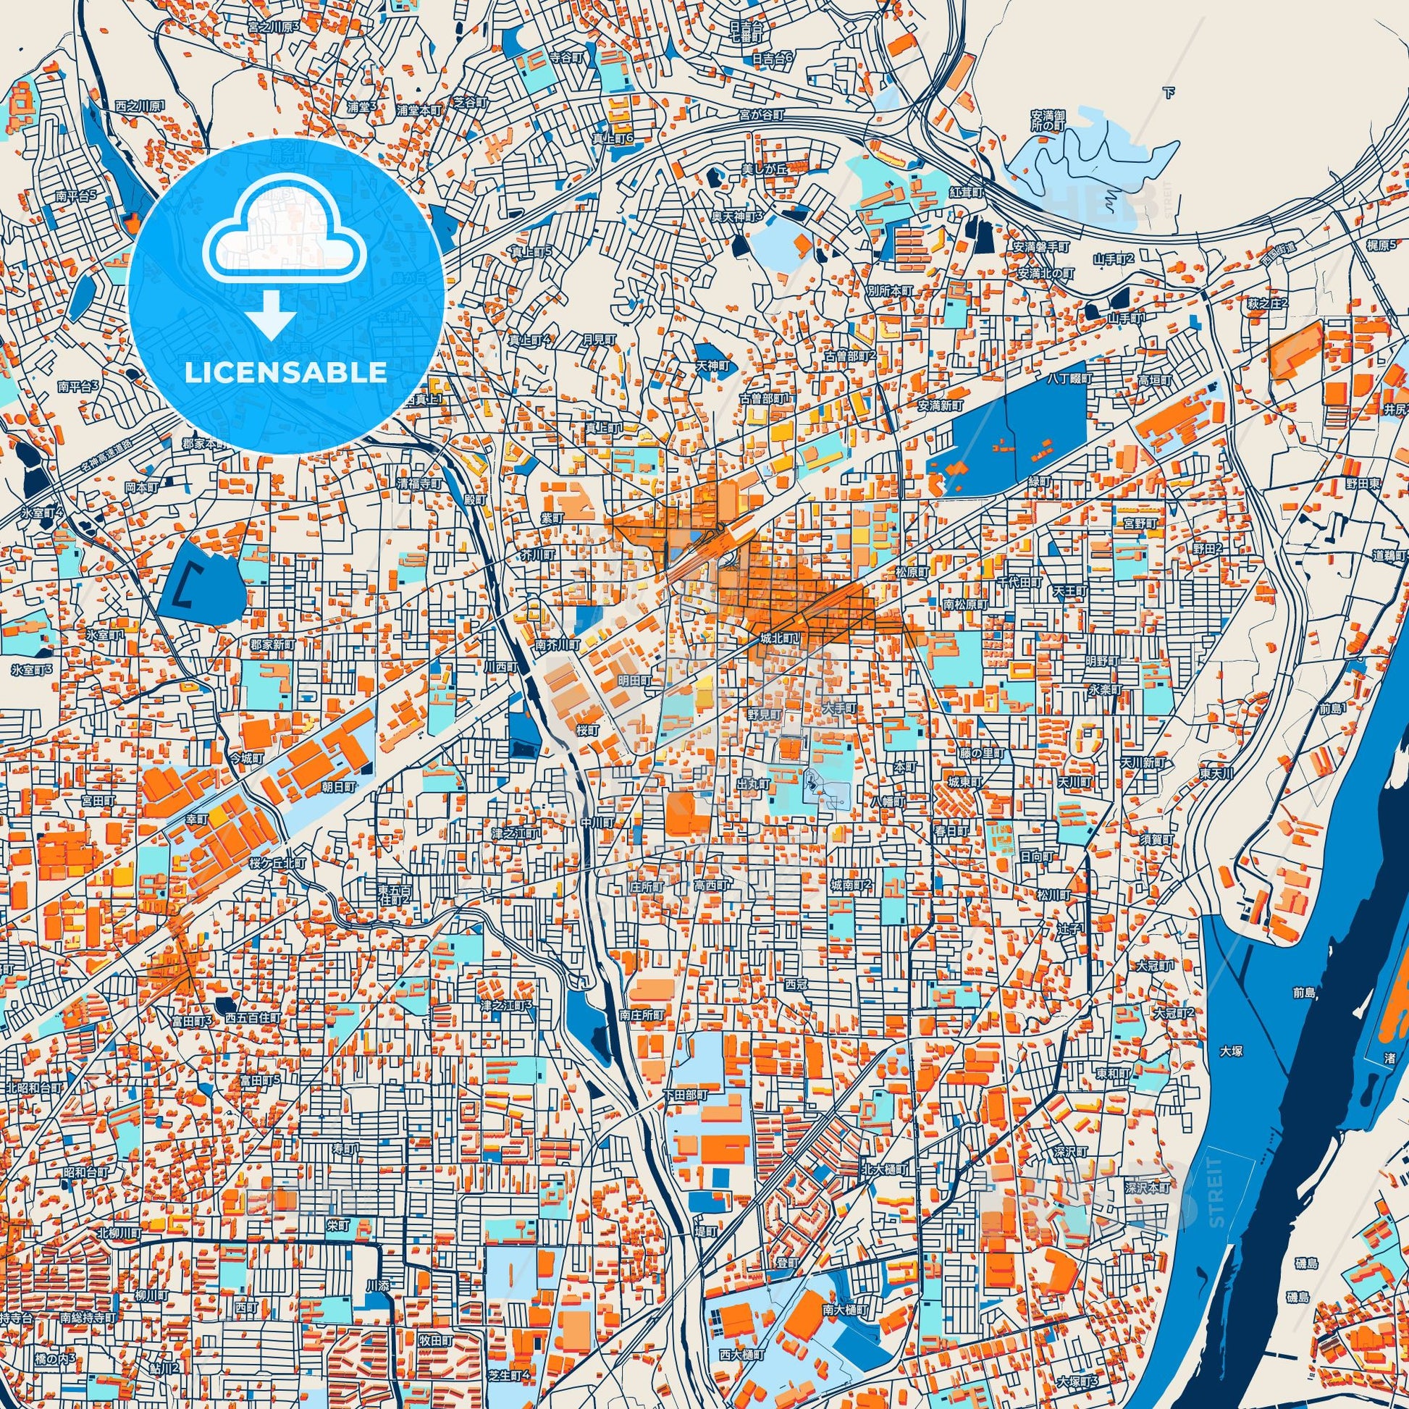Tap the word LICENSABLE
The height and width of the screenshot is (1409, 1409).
tap(285, 373)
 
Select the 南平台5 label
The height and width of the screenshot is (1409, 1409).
tap(77, 196)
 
